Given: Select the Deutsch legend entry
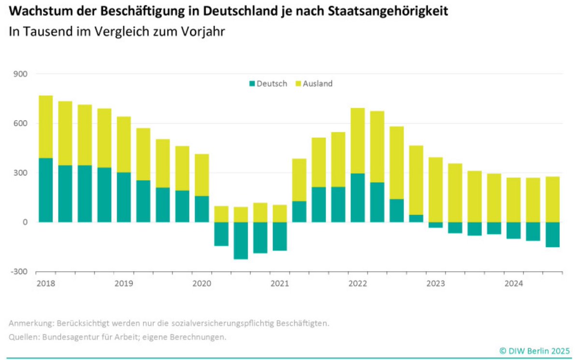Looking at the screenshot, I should [x=268, y=84].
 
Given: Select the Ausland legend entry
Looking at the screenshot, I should [x=314, y=84].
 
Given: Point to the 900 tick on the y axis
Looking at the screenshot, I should [x=22, y=74].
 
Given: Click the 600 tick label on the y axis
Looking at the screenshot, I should [x=22, y=124].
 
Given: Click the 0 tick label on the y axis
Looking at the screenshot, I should [x=26, y=222].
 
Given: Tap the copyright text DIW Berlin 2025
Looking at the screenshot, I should [x=535, y=350].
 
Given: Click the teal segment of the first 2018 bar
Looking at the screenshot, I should [x=45, y=190].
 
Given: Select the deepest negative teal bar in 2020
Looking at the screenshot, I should [x=241, y=241].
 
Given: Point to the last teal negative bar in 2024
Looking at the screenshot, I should [x=552, y=234].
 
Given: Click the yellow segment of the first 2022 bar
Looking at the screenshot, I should [x=358, y=141].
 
